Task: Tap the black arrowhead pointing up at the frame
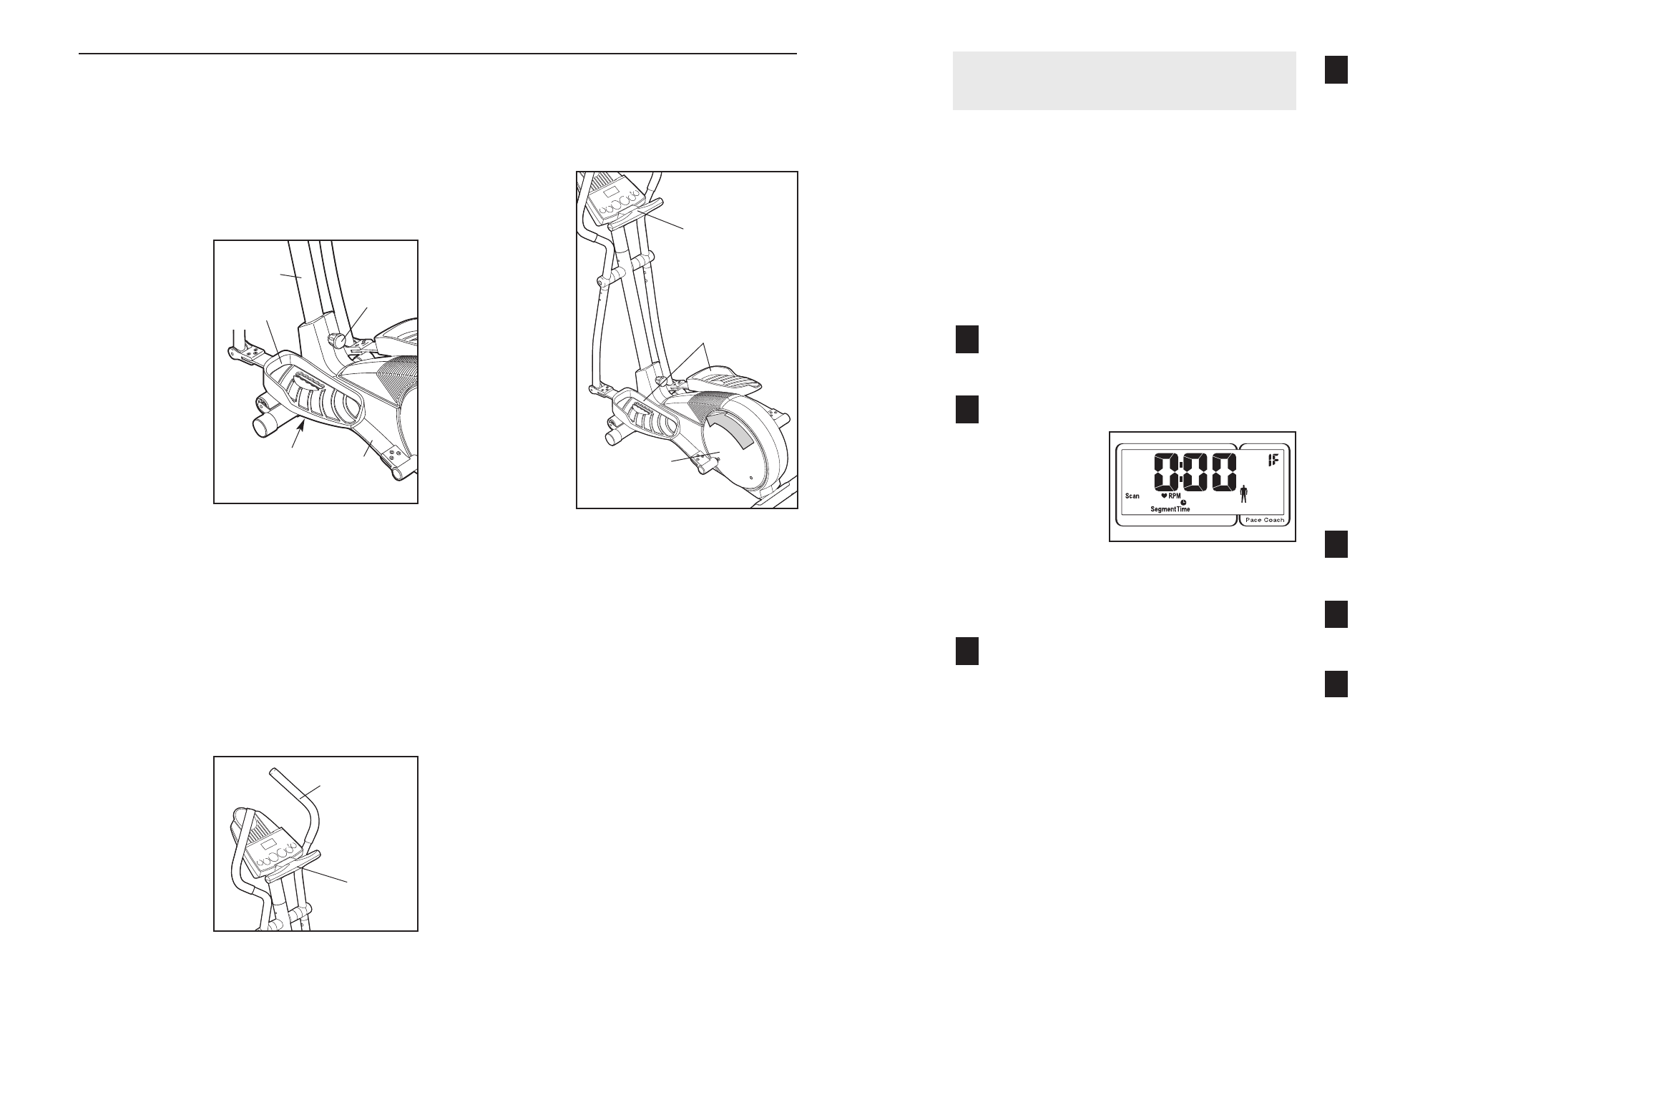tap(303, 426)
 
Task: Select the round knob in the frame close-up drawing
tap(338, 338)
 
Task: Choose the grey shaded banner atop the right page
tap(1124, 81)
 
